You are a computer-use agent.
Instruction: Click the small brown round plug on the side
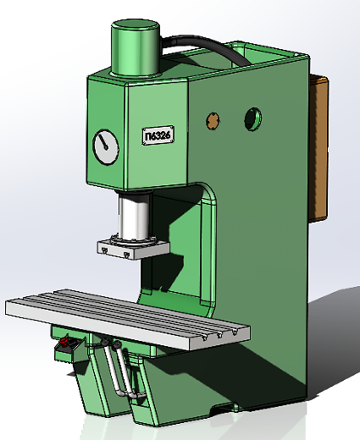point(213,119)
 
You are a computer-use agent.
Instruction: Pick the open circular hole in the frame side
point(253,118)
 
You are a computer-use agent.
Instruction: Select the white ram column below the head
point(135,217)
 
